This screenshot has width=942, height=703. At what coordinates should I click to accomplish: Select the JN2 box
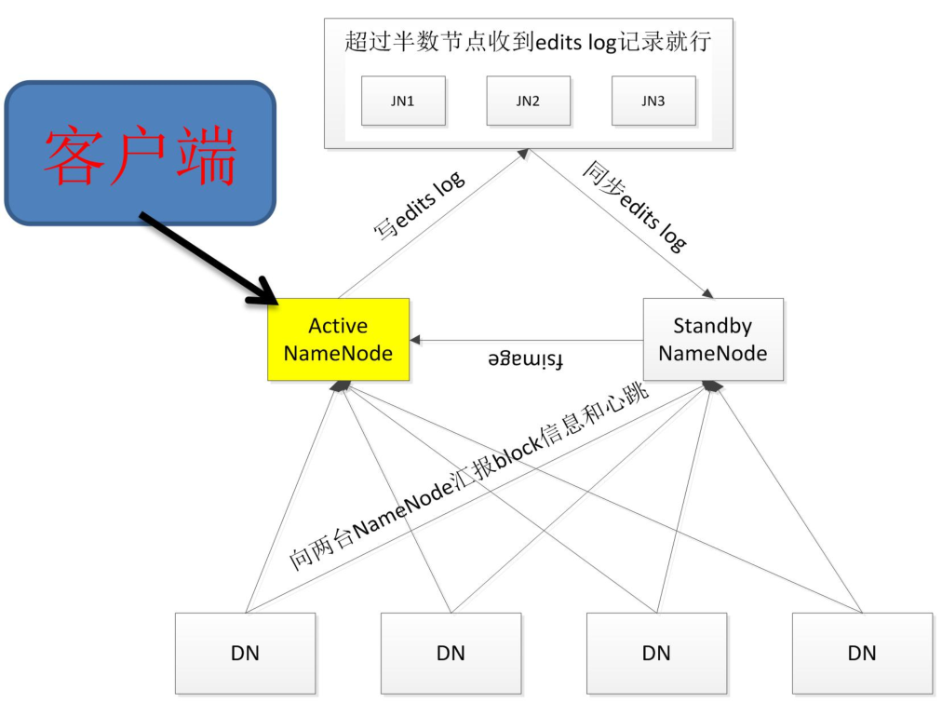[x=528, y=100]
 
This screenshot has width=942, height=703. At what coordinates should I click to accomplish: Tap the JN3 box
[x=653, y=100]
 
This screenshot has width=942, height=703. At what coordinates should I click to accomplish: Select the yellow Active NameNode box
[x=338, y=339]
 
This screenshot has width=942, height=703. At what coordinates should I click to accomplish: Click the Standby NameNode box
[x=713, y=339]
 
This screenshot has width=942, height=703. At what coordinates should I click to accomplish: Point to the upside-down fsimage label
[x=527, y=359]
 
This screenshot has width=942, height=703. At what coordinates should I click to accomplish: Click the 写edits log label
[x=419, y=208]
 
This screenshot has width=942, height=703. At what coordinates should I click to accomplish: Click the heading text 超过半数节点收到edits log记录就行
[x=528, y=42]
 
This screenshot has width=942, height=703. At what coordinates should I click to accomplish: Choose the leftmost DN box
[x=245, y=653]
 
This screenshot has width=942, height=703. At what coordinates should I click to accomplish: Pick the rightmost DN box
[x=862, y=653]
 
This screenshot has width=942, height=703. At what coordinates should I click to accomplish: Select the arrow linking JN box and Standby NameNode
[x=619, y=223]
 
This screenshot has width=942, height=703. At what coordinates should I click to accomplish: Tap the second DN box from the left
[x=451, y=653]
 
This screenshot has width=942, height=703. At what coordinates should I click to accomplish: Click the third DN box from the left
[x=656, y=653]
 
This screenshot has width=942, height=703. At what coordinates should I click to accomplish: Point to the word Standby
[x=713, y=327]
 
